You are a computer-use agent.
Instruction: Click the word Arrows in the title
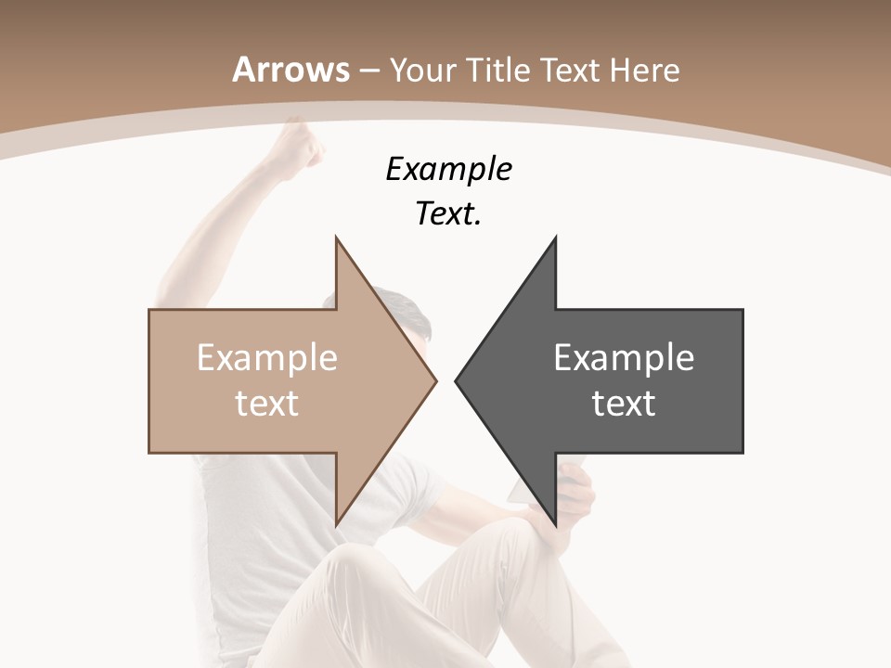tap(291, 70)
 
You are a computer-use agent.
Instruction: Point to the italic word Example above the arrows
tap(448, 169)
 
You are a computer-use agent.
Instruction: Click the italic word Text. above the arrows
tap(448, 213)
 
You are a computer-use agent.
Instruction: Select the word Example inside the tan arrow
tap(267, 357)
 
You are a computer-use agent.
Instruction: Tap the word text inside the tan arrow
tap(267, 403)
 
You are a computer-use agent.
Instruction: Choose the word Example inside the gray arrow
tap(624, 357)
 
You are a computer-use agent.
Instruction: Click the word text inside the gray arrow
tap(624, 403)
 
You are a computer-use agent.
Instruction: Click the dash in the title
tap(368, 71)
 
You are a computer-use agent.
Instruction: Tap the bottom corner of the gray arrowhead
tap(555, 524)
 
